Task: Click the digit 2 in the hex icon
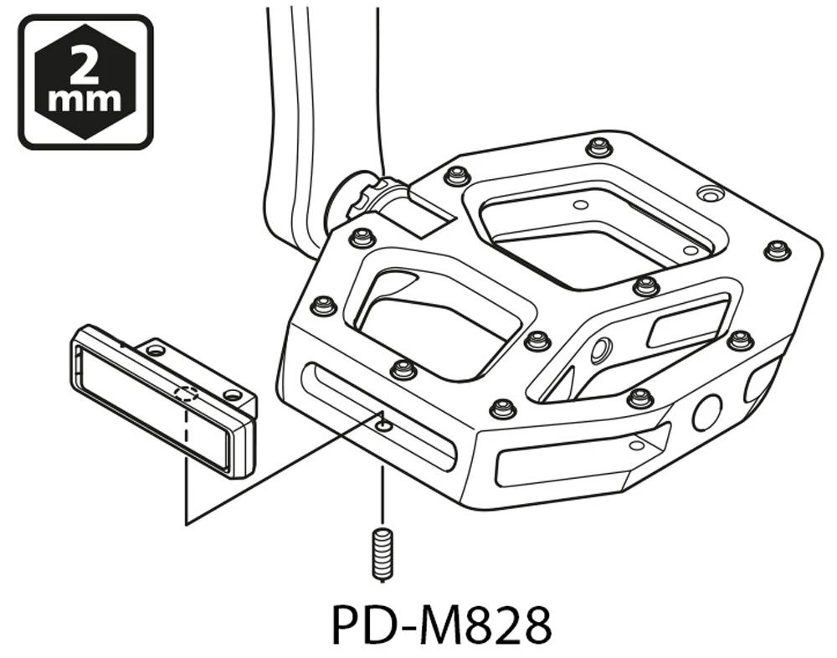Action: point(85,63)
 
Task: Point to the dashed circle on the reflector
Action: point(187,394)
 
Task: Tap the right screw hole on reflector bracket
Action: point(232,393)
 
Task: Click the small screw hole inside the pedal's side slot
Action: point(383,425)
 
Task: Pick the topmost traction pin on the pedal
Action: point(597,147)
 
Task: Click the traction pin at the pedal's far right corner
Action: point(777,249)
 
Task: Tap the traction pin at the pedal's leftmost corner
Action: point(323,306)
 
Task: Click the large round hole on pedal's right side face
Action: point(707,414)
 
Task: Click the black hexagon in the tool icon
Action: point(85,81)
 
